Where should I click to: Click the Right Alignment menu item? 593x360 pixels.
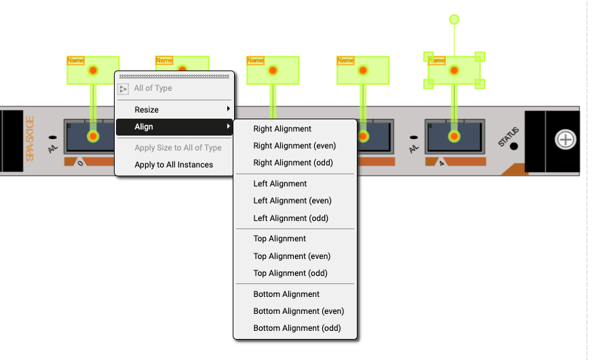tap(282, 129)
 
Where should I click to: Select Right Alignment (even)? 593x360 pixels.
tap(294, 146)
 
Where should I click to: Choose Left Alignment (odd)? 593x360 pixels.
tap(290, 218)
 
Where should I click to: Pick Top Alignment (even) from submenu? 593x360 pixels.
tap(292, 256)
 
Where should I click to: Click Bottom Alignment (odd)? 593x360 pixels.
tap(296, 328)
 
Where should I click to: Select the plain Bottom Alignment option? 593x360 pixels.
tap(286, 294)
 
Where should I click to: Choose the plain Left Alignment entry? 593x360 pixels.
tap(280, 184)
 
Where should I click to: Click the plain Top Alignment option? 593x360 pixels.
tap(280, 239)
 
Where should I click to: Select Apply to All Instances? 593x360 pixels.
tap(174, 165)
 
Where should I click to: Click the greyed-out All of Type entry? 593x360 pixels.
tap(153, 88)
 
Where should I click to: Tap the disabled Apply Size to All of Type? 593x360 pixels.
tap(178, 148)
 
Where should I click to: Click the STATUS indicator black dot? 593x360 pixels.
tap(514, 146)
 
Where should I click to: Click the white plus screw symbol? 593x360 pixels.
tap(565, 140)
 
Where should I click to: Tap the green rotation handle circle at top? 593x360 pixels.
tap(455, 20)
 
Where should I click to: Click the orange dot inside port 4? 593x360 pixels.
tap(454, 136)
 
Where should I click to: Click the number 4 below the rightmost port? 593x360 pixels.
tap(442, 163)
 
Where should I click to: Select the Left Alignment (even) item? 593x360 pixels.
tap(292, 201)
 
